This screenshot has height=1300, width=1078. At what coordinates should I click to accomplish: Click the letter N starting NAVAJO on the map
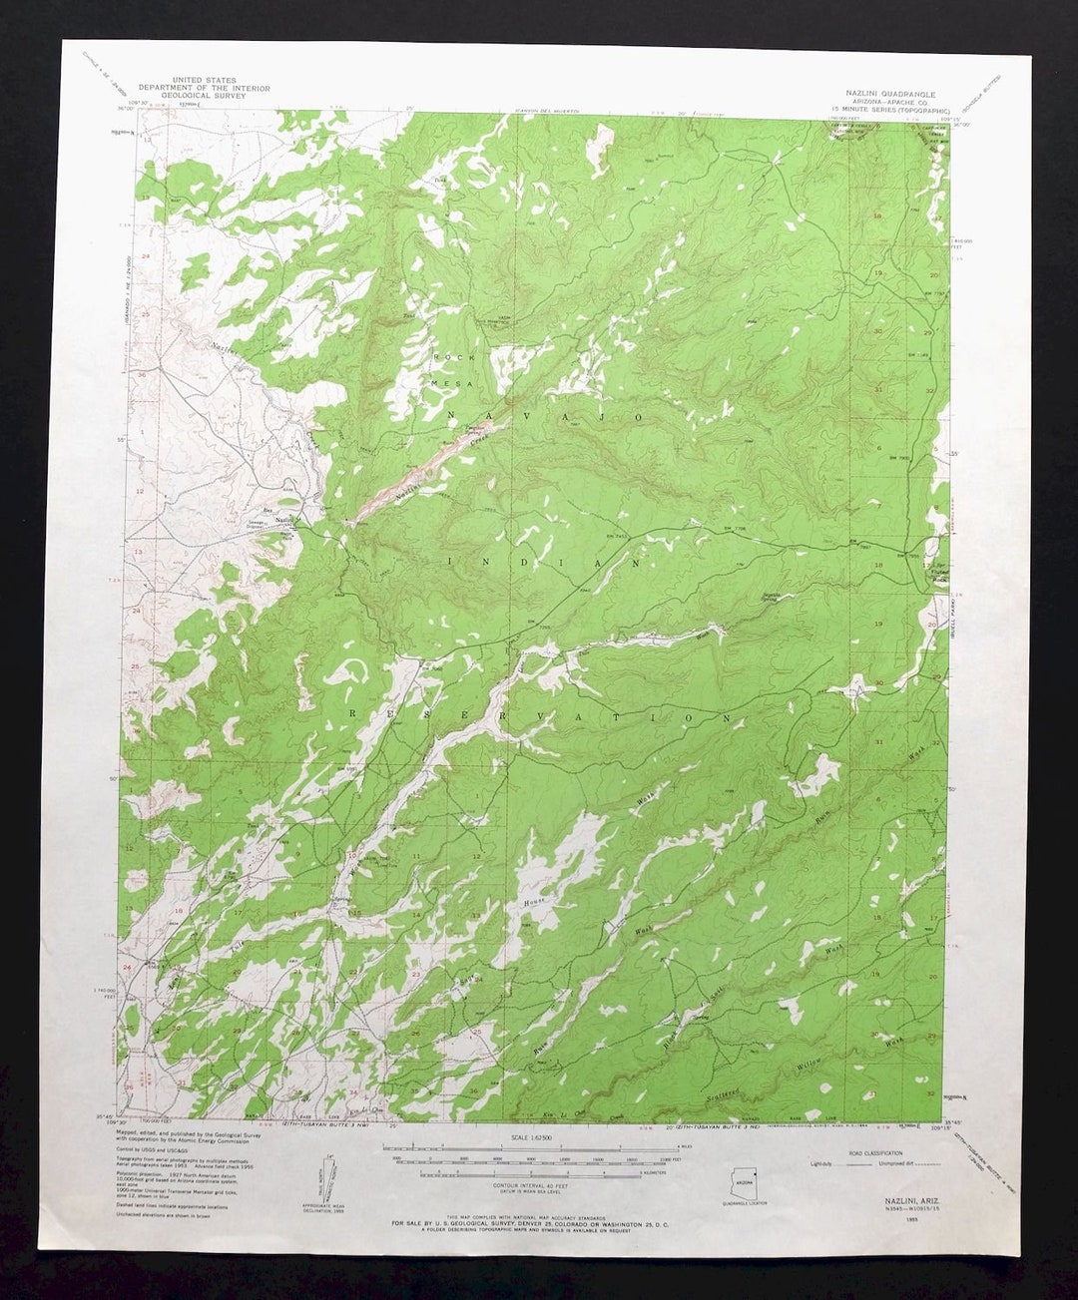coord(452,413)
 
